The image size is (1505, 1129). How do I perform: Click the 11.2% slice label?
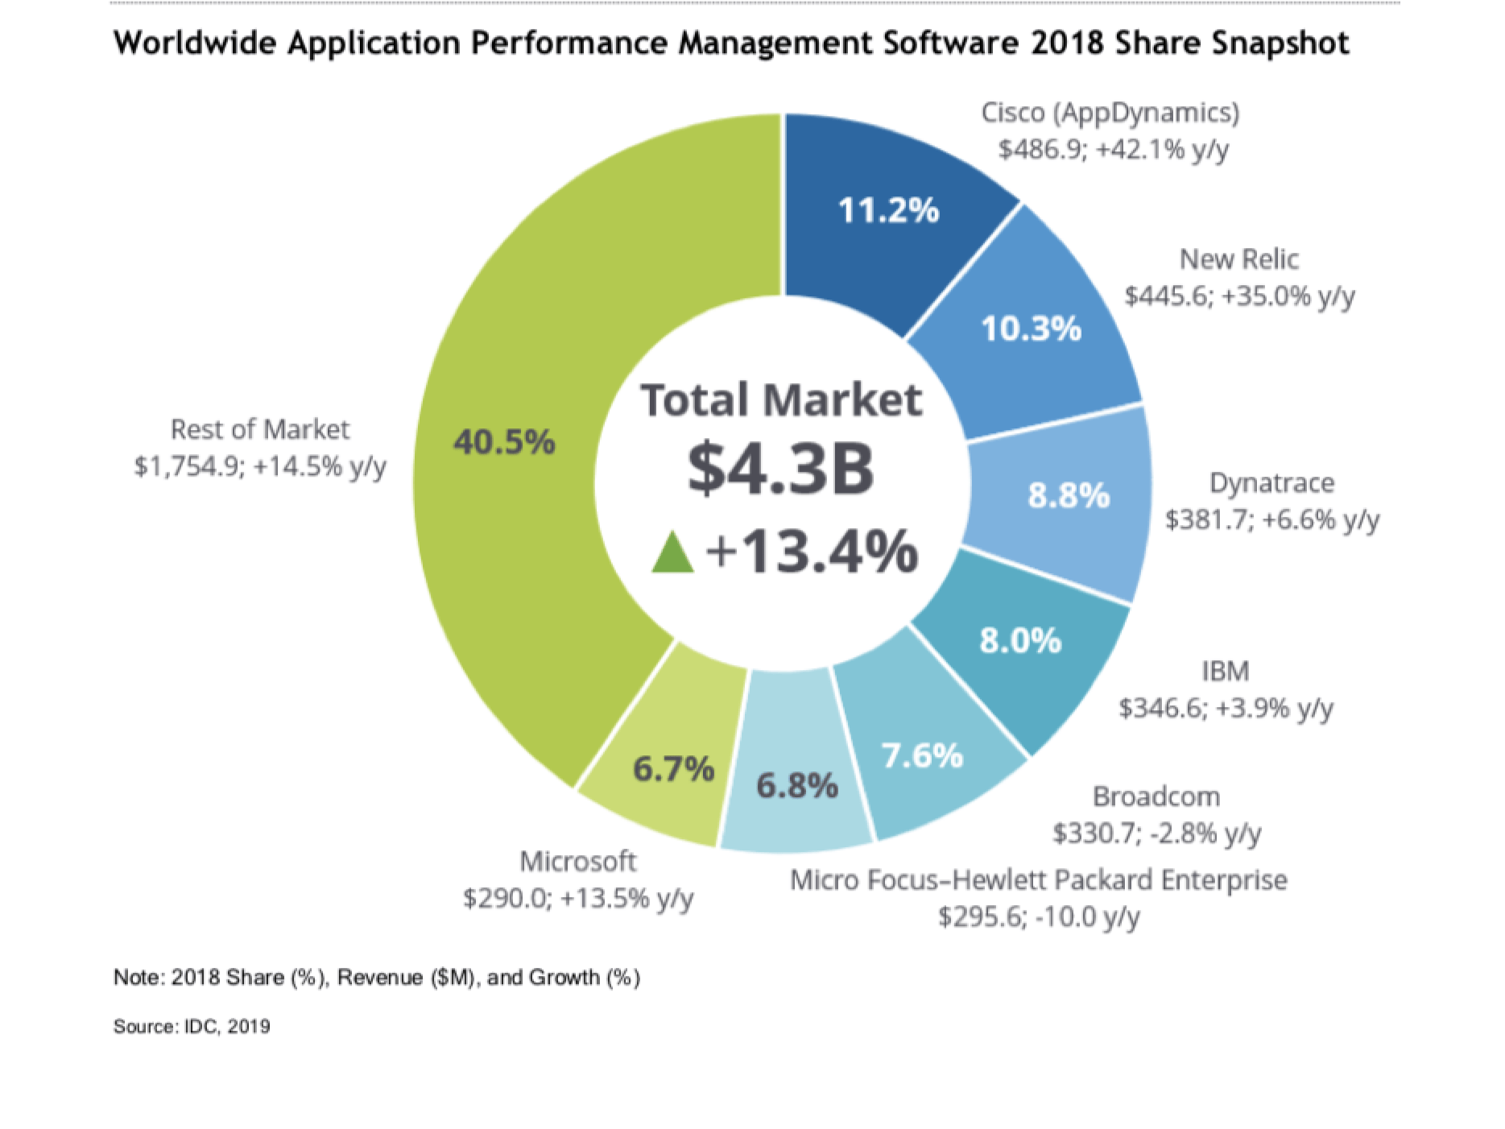(x=888, y=210)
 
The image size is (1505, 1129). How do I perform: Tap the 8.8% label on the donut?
(x=1069, y=495)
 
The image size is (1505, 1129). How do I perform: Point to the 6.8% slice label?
(x=797, y=785)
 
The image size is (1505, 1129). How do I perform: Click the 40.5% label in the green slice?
(x=504, y=441)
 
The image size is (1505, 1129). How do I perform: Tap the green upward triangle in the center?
(x=672, y=552)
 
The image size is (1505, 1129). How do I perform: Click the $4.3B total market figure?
(x=780, y=469)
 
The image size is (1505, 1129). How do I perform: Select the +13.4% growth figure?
(x=812, y=552)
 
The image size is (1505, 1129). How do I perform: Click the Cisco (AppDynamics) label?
(x=1110, y=113)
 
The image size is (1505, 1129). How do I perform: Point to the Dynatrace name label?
(x=1271, y=482)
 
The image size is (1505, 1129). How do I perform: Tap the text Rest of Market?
(x=260, y=429)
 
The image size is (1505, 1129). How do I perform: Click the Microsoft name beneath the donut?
(x=578, y=861)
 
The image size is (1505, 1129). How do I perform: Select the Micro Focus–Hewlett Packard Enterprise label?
(x=1039, y=879)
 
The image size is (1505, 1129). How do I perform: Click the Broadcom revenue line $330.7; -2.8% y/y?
(x=1156, y=833)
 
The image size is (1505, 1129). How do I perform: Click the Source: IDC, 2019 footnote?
(x=192, y=1026)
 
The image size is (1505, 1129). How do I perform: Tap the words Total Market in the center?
(x=780, y=399)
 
